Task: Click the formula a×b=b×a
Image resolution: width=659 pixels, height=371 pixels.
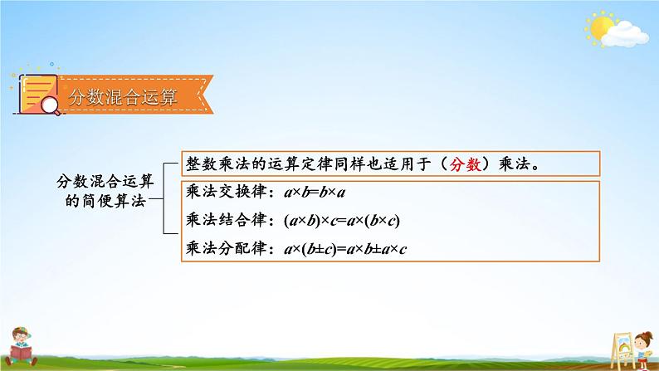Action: pyautogui.click(x=305, y=193)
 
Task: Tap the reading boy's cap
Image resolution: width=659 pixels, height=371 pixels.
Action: pyautogui.click(x=20, y=332)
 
